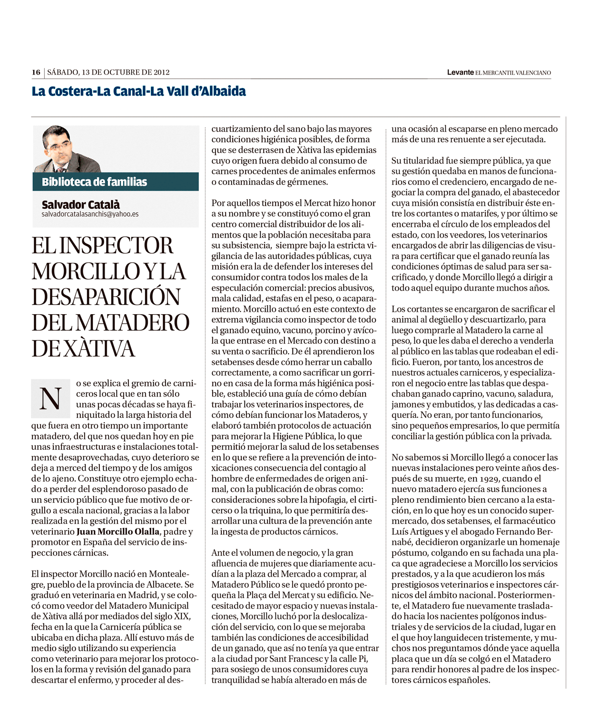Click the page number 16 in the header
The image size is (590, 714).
coord(36,72)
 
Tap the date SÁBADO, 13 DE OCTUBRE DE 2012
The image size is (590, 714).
coord(108,72)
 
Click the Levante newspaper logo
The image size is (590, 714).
coord(460,72)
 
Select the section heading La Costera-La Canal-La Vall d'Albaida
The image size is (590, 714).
coord(138,91)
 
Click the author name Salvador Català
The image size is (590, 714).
coord(81,204)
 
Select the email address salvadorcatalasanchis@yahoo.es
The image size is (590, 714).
coord(90,214)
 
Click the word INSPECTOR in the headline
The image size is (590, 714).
coord(117,245)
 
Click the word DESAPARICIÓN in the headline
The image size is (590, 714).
coord(106,297)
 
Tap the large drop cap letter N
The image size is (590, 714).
coord(50,398)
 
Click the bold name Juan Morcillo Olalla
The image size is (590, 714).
coord(118,531)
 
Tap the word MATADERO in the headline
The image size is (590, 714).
coord(133,323)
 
